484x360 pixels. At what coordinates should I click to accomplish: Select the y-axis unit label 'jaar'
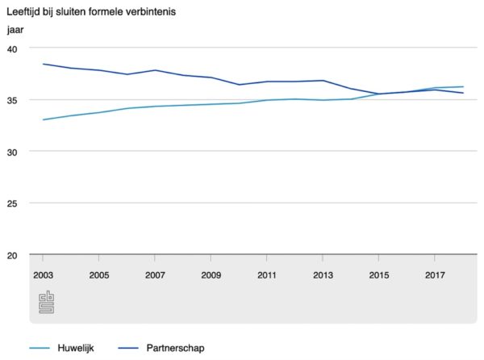15,31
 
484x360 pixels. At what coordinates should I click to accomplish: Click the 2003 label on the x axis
43,275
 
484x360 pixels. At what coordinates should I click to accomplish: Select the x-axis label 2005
98,275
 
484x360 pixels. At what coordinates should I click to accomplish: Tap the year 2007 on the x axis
155,275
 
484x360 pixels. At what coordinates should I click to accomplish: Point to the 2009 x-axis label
211,275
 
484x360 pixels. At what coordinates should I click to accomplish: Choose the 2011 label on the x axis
267,275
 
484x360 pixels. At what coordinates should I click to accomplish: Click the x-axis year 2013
323,275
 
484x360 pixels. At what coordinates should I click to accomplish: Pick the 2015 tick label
378,275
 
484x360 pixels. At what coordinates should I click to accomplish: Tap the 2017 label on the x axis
435,275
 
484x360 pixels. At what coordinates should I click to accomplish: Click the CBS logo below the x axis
47,303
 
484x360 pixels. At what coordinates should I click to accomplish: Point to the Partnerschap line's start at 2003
43,64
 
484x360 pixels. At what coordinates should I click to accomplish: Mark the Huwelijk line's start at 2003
43,119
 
